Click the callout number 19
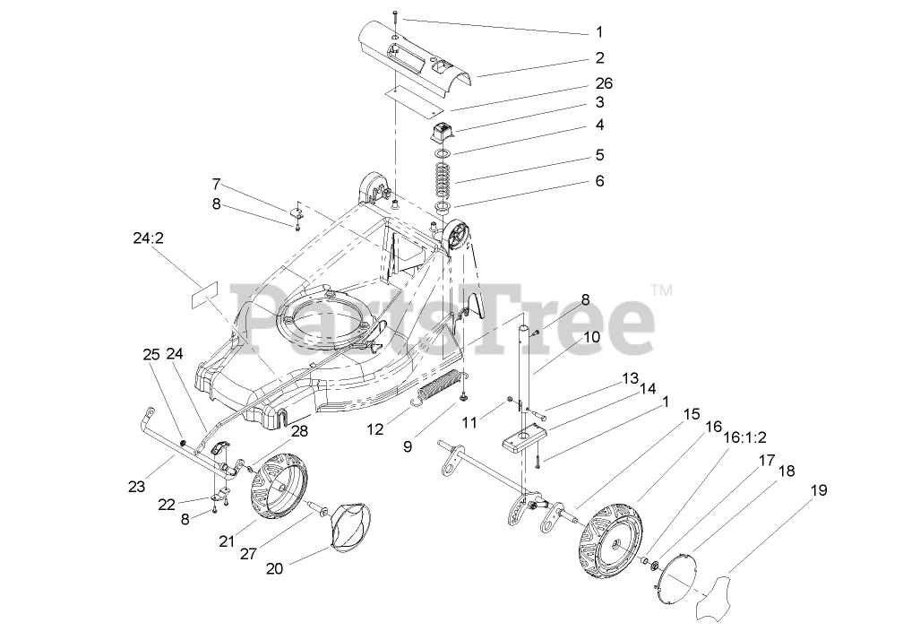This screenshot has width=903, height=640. coord(820,490)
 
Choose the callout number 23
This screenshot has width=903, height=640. coord(136,488)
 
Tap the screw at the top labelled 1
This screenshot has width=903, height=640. coord(398,15)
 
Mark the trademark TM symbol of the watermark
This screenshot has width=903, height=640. coord(661,290)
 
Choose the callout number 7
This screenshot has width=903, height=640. coord(216,185)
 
